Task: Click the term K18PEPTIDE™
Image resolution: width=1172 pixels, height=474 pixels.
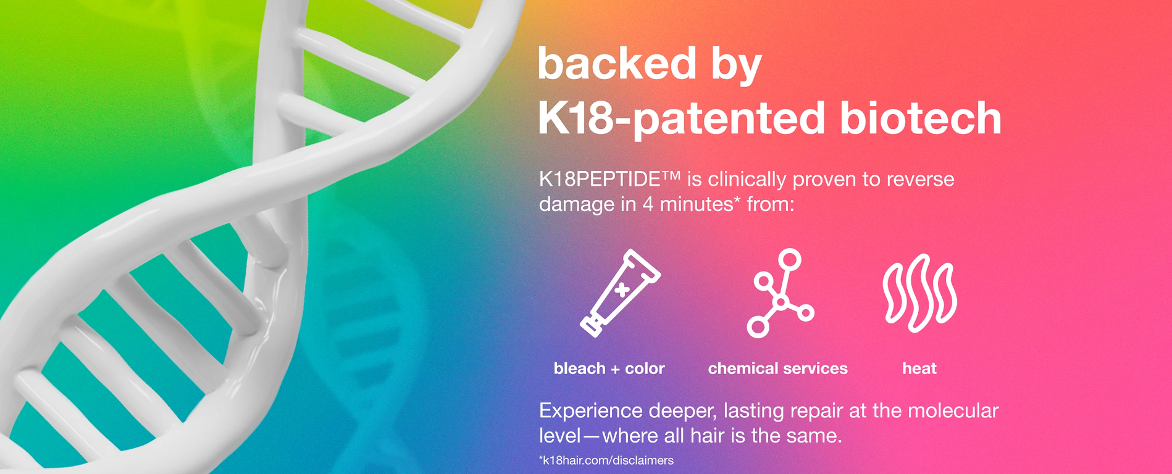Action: point(609,179)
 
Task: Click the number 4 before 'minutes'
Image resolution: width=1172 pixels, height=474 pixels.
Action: point(648,204)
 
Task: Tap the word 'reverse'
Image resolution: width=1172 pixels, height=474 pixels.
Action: point(921,180)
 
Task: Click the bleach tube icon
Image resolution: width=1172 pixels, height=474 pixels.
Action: point(621,293)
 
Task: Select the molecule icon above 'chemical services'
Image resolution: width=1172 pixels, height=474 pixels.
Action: point(781,293)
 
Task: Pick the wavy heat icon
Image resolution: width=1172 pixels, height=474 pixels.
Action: point(919,293)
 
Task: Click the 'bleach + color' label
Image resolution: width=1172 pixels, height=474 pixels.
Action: point(609,368)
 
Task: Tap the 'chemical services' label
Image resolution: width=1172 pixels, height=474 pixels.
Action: point(777,368)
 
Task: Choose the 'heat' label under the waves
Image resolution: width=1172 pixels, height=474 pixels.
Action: point(919,368)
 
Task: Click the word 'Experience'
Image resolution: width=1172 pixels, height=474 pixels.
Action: point(591,411)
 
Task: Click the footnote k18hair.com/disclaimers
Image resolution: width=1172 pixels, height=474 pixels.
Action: point(606,460)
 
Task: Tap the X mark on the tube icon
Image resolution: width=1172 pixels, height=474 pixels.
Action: point(622,289)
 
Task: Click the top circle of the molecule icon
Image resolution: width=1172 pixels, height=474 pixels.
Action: point(790,259)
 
